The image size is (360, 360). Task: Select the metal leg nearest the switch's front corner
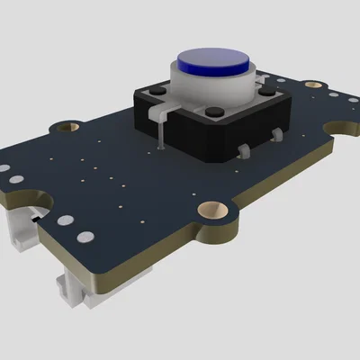244,150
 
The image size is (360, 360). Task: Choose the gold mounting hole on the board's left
65,128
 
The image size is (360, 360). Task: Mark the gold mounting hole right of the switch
311,86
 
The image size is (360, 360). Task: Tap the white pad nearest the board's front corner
85,238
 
